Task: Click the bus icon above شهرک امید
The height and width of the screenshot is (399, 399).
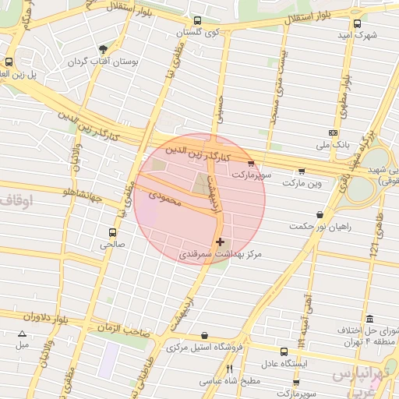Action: coord(357,24)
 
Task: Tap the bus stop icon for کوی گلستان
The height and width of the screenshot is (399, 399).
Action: coord(197,22)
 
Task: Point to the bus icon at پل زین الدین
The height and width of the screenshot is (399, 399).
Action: coord(9,62)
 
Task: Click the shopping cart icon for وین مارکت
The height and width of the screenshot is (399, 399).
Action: coord(302,171)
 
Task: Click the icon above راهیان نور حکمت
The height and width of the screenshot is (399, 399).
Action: coord(320,214)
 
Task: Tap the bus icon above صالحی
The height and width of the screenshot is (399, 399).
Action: coord(113,232)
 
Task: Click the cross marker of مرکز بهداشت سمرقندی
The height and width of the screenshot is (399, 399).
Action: coord(221,242)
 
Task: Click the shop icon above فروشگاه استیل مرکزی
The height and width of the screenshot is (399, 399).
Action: coord(204,336)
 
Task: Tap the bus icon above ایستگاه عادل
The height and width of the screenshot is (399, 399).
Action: coord(281,351)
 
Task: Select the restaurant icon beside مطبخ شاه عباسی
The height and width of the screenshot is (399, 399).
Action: coord(229,369)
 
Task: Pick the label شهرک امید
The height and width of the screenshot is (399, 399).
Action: coord(357,36)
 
